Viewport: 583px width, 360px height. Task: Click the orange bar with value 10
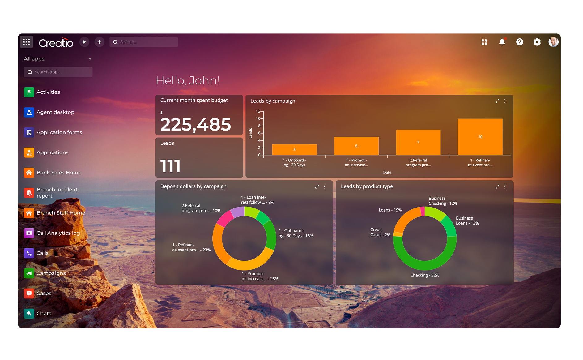(x=480, y=137)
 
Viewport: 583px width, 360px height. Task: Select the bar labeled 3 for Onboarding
(x=294, y=149)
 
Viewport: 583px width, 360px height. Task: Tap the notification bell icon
(x=502, y=42)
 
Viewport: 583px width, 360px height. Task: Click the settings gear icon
(x=537, y=42)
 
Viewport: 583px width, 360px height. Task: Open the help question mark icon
(x=519, y=42)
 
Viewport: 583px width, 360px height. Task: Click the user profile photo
(x=553, y=42)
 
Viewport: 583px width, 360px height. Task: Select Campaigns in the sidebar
(x=51, y=273)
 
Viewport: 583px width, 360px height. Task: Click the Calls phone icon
(x=29, y=253)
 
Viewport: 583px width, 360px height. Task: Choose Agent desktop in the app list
(x=55, y=112)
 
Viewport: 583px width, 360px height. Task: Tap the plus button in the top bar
(x=99, y=42)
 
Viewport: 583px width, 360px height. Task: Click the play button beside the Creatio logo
(x=84, y=42)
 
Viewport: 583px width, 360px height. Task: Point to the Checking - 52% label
(x=424, y=275)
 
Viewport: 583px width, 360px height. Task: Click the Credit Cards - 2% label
(x=380, y=232)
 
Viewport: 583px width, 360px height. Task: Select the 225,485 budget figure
(x=195, y=124)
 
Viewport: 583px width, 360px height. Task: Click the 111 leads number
(x=170, y=166)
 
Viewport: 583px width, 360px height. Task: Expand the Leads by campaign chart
(x=497, y=101)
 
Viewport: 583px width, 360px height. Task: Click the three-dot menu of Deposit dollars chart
(x=324, y=186)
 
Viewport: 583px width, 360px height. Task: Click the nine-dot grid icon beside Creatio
(x=27, y=42)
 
